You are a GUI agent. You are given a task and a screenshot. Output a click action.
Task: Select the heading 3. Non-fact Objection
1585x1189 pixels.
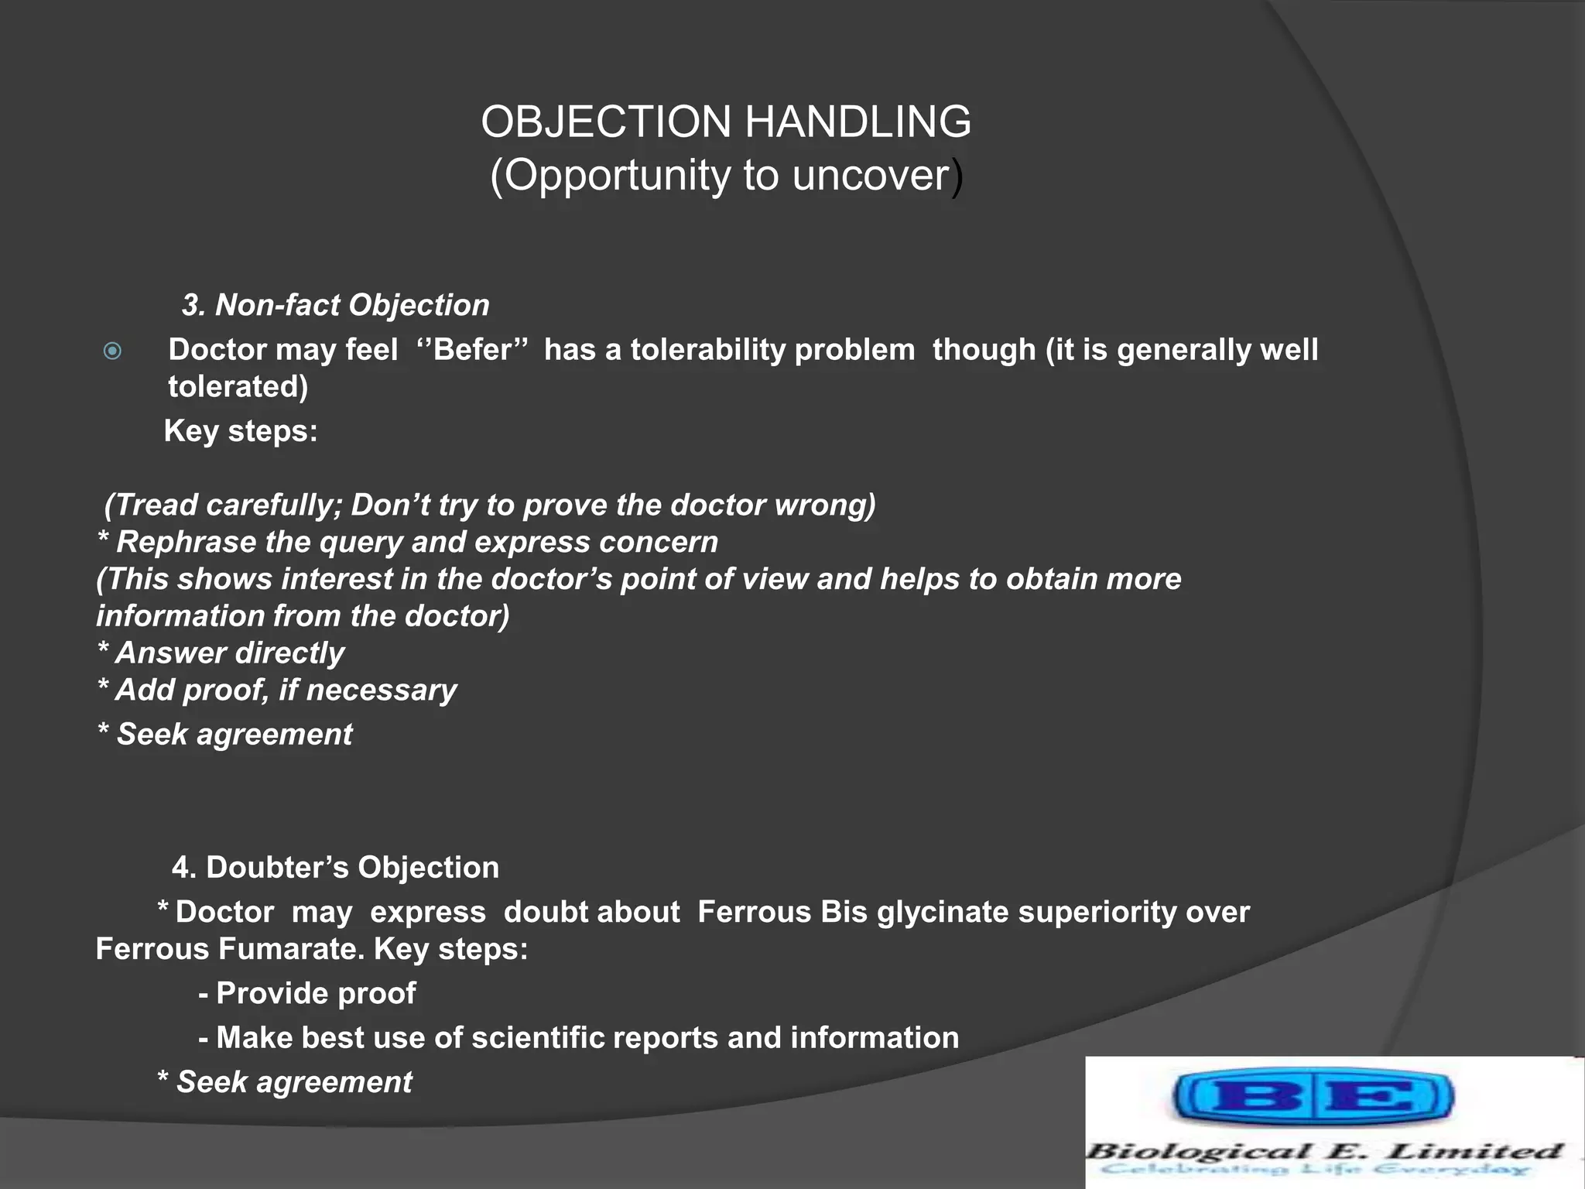pos(335,305)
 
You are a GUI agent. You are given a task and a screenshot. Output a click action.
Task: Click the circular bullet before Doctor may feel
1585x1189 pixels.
pos(113,351)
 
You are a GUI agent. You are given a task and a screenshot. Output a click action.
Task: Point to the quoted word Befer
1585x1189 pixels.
pos(472,350)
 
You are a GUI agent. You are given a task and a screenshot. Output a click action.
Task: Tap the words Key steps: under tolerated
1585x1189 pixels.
pos(241,431)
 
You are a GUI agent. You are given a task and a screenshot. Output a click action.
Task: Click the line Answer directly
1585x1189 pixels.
pos(221,653)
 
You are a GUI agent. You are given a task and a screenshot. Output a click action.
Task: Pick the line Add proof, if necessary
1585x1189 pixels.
pos(278,690)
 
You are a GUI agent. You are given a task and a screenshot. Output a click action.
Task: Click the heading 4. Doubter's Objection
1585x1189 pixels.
pos(335,868)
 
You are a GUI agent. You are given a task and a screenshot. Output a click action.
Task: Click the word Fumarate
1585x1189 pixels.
pos(292,949)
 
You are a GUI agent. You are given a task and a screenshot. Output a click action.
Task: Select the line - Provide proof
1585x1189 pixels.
pos(307,993)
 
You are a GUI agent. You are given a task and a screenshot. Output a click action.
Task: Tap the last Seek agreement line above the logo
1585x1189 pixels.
pos(285,1082)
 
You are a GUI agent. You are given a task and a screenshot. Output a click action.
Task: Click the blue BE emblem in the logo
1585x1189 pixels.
pos(1313,1096)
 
